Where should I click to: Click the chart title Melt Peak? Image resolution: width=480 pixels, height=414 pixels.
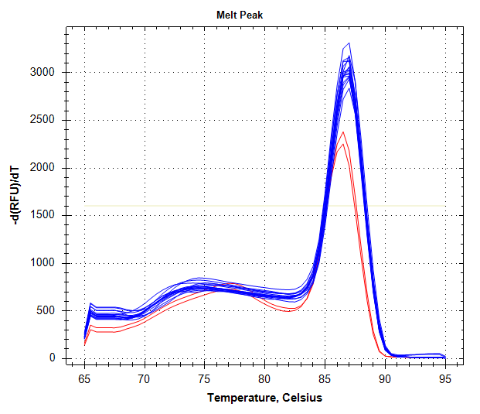240,15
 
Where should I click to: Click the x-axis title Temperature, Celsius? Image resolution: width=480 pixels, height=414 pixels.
264,398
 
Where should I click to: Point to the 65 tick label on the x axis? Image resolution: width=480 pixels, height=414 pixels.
84,379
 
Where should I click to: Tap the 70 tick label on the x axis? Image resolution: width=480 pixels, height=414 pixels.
144,379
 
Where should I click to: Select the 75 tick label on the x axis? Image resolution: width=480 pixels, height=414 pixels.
204,379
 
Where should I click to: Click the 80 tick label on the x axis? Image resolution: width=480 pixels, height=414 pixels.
264,379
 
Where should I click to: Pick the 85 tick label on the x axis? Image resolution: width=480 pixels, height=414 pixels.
325,379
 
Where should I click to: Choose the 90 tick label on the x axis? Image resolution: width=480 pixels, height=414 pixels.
384,379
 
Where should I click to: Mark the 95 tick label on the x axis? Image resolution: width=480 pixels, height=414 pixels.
444,379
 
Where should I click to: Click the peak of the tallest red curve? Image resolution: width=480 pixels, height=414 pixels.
342,132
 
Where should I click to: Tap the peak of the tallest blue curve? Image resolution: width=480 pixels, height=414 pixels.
349,43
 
